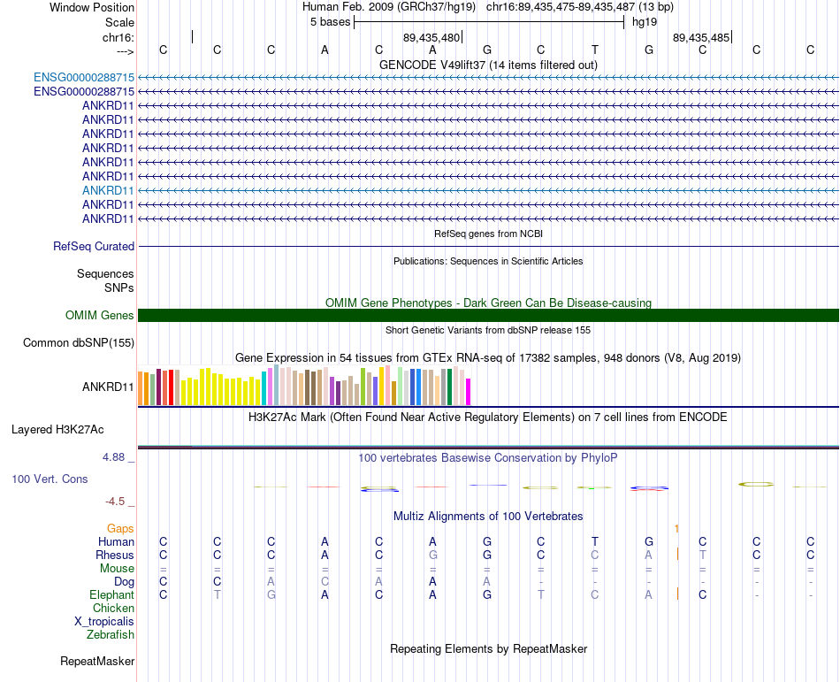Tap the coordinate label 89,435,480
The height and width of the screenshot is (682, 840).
coord(431,38)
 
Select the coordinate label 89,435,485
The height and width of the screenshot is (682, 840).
coord(701,38)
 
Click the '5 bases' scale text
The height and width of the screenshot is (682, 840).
coord(330,22)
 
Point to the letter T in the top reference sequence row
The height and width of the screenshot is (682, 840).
coord(595,50)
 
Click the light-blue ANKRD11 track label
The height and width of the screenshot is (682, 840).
coord(108,190)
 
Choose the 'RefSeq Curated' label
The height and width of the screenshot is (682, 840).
coord(94,247)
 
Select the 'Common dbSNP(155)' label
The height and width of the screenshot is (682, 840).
coord(79,343)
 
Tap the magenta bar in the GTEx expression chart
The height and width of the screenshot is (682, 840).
coord(469,391)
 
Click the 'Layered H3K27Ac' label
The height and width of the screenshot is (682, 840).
coord(57,430)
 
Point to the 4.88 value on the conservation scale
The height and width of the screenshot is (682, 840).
coord(118,457)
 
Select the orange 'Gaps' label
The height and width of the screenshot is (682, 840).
coord(120,528)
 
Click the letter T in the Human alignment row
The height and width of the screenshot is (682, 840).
coord(595,541)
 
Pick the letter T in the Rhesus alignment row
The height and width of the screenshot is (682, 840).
coord(703,555)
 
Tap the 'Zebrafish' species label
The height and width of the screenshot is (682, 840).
coord(111,634)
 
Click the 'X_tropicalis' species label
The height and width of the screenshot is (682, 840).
coord(104,621)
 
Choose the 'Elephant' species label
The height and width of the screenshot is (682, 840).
coord(111,594)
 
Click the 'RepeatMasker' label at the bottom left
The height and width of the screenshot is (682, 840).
coord(97,661)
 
